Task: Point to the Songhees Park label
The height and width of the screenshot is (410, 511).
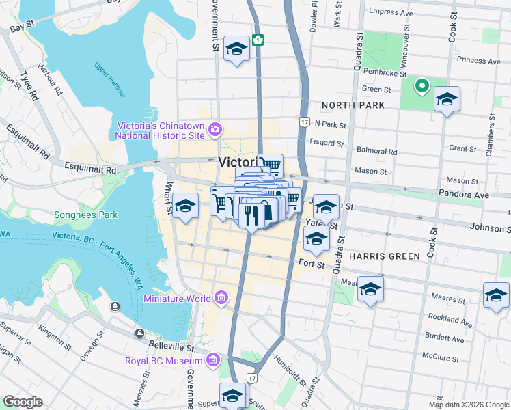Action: coord(86,215)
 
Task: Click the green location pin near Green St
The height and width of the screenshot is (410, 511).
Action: coord(422,86)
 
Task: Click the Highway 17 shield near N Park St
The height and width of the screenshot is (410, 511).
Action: coord(303,121)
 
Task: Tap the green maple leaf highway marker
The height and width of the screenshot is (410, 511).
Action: coord(258,39)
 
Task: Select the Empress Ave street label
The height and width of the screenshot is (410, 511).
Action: coord(391,12)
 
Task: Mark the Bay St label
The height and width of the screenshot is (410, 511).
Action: coord(22,26)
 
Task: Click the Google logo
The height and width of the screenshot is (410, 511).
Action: coord(23,402)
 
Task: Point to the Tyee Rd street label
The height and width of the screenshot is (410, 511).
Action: coord(27,85)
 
